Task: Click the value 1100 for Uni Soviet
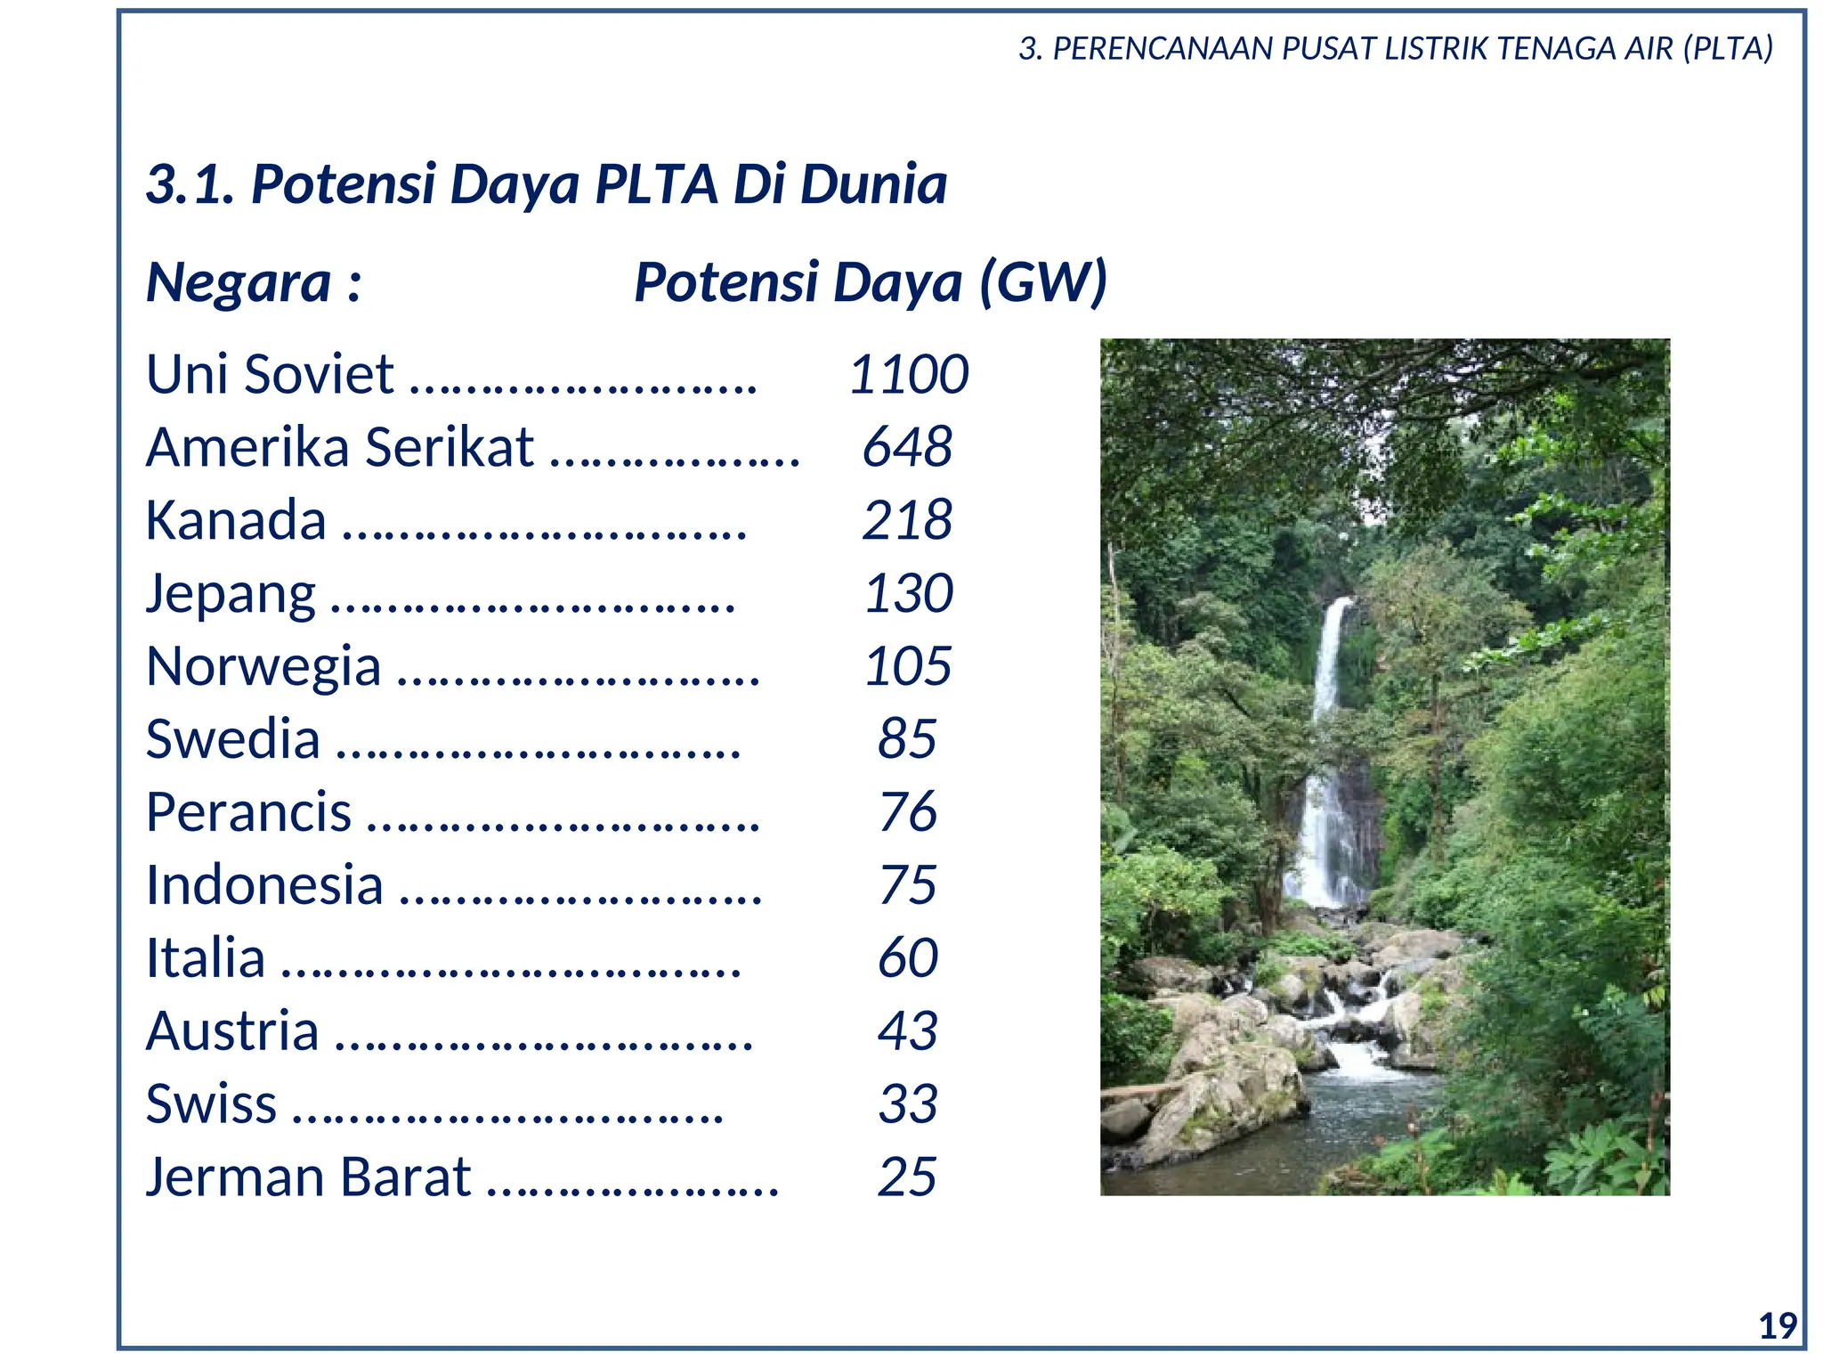point(909,374)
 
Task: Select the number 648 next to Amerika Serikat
point(908,447)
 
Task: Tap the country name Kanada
point(236,521)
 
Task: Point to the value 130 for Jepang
point(909,593)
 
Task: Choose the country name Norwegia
point(263,667)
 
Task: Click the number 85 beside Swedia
point(907,739)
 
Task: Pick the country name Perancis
point(249,812)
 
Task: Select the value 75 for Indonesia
point(908,885)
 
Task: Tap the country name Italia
point(206,959)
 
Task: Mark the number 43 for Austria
point(908,1031)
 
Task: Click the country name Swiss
point(211,1104)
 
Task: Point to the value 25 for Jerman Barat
point(907,1177)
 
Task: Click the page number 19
point(1778,1327)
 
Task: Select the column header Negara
point(239,283)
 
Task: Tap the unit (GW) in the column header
point(1043,283)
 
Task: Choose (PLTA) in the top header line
point(1728,48)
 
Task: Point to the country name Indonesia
point(264,885)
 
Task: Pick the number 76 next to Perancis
point(908,812)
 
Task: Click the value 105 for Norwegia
point(908,666)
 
